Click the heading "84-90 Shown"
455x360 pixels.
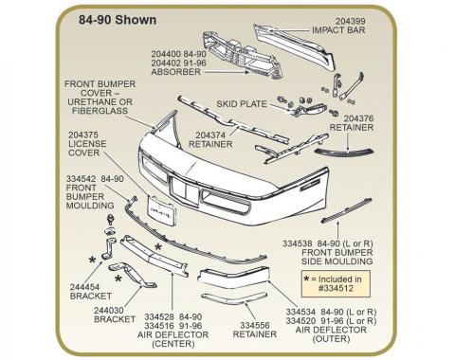point(118,20)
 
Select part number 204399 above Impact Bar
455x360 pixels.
point(350,21)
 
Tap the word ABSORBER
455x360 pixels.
point(175,72)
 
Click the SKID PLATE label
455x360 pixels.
point(242,104)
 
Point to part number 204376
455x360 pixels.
point(358,118)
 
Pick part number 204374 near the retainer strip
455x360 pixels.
point(210,135)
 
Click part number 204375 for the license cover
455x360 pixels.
point(83,135)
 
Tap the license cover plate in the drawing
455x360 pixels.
point(162,210)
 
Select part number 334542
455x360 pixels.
point(81,179)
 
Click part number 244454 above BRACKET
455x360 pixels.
point(84,287)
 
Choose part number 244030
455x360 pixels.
point(109,311)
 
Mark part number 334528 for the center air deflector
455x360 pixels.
point(159,316)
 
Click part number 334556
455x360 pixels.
point(255,325)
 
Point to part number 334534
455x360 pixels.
point(301,312)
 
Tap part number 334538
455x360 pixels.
point(298,243)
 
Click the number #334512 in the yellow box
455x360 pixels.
point(336,288)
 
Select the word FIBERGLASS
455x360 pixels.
point(100,111)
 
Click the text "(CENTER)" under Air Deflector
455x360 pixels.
point(173,344)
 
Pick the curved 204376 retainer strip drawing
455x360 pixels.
point(344,152)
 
